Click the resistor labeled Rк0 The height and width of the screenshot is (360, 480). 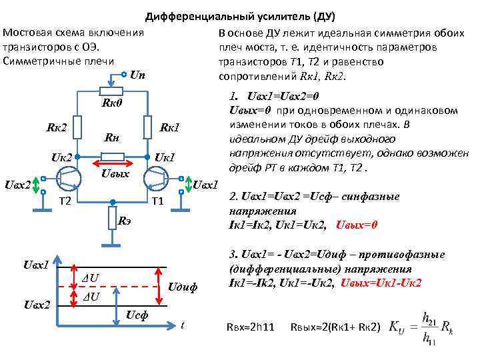111,91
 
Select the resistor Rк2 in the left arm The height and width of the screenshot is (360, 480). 78,127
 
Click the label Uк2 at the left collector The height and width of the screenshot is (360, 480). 61,158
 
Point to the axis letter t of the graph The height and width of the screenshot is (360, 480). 183,325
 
